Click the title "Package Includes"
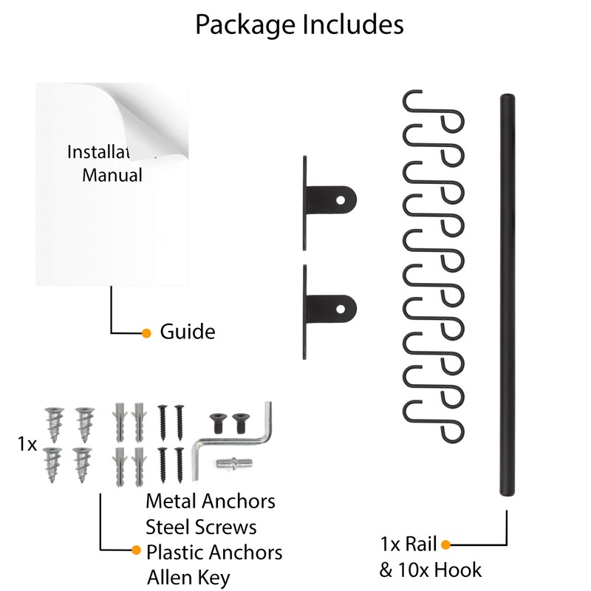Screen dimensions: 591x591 299,24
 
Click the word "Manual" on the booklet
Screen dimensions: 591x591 112,175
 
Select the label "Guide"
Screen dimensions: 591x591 188,332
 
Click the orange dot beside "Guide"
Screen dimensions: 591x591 146,332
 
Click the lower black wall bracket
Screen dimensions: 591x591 329,304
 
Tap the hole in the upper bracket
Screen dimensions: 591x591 342,198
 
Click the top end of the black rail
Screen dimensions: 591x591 507,99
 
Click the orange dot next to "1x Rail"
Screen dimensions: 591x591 445,545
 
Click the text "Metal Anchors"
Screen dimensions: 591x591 211,501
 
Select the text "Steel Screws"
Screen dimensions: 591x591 201,527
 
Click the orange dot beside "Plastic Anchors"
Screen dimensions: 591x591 136,550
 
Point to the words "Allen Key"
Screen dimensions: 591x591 188,577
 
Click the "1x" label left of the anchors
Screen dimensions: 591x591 27,444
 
